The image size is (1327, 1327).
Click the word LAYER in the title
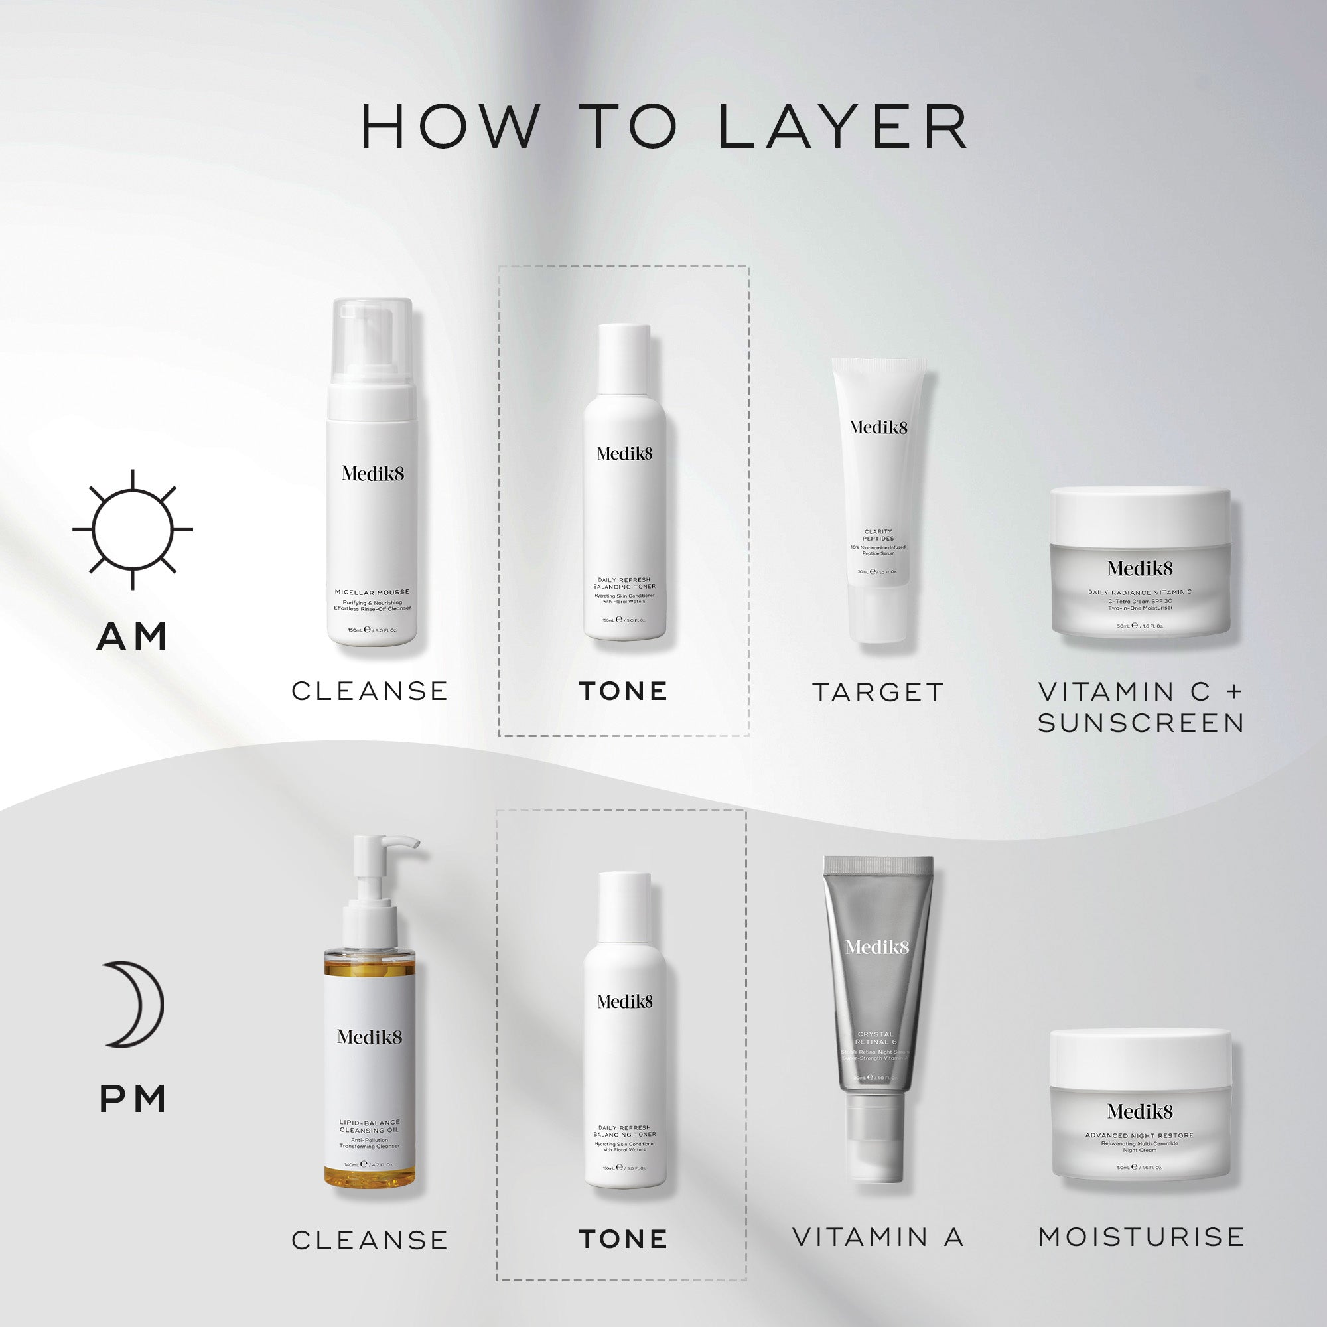(x=843, y=127)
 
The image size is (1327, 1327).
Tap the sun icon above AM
(x=133, y=529)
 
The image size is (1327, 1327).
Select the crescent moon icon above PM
(x=135, y=1004)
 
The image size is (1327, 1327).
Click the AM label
(x=133, y=636)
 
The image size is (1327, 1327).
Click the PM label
(x=133, y=1099)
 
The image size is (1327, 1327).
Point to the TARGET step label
(x=878, y=692)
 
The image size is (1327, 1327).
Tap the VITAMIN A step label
(x=878, y=1237)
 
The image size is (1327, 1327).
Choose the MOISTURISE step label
(x=1141, y=1237)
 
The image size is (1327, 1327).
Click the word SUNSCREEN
(x=1141, y=723)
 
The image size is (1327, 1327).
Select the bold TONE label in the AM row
(x=623, y=691)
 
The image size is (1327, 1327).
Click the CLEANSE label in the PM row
(x=370, y=1240)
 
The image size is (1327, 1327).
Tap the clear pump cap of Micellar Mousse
(x=372, y=340)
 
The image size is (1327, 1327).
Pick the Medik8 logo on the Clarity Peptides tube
(x=878, y=427)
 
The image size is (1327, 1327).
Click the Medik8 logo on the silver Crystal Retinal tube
(x=876, y=947)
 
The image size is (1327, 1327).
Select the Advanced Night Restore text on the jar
(x=1139, y=1135)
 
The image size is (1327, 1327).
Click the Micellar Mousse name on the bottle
(x=372, y=592)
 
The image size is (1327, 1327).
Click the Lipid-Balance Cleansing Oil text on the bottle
(x=370, y=1127)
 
